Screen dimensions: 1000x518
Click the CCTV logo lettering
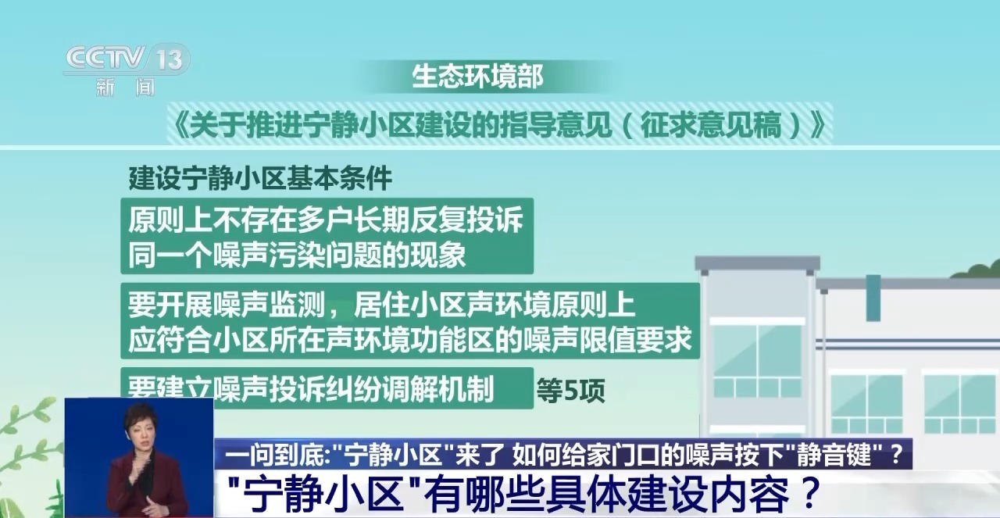105,58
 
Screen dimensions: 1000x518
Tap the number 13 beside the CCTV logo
170,59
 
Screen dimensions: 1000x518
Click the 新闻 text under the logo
126,87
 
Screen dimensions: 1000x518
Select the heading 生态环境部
477,77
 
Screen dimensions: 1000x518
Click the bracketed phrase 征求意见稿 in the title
711,124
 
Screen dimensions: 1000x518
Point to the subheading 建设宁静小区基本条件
260,178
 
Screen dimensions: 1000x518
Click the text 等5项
570,391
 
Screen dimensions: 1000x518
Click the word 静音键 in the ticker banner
833,455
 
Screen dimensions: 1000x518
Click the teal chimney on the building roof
873,298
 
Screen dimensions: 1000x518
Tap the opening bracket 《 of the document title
179,124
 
